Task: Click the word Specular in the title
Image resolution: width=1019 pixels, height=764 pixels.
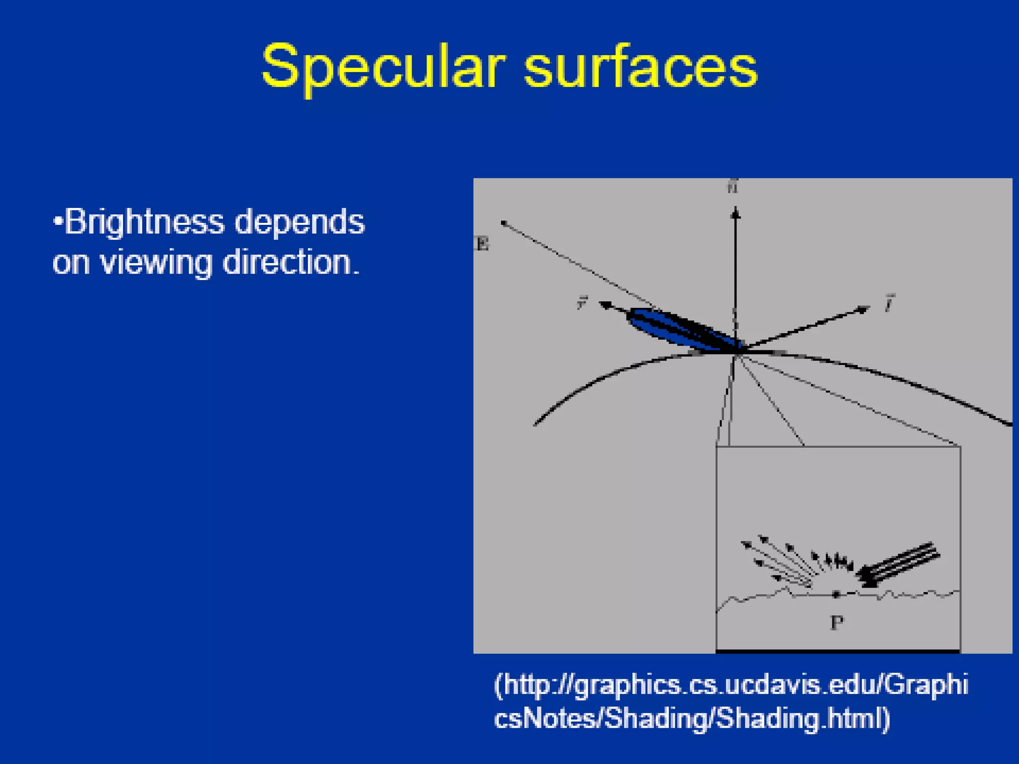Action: tap(382, 67)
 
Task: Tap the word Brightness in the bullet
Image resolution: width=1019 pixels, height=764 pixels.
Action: tap(145, 222)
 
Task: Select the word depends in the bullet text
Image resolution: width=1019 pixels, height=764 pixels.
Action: tap(300, 222)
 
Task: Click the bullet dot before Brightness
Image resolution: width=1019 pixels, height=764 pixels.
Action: tap(58, 220)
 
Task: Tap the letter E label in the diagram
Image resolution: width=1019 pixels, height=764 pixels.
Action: tap(482, 244)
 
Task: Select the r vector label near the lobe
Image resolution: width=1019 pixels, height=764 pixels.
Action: tap(582, 302)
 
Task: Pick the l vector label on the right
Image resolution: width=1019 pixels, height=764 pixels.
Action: tap(890, 303)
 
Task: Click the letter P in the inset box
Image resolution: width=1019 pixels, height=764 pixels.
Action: tap(837, 622)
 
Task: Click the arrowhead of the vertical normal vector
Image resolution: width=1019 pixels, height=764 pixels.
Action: tap(735, 214)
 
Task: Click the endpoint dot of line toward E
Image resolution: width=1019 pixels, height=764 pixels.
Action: tap(504, 223)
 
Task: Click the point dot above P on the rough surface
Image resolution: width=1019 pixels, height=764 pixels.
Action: tap(836, 594)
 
